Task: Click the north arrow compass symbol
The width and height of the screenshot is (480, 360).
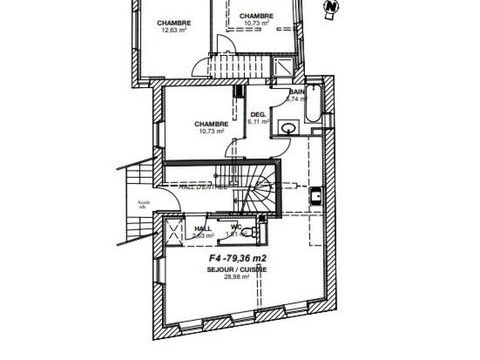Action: [x=331, y=9]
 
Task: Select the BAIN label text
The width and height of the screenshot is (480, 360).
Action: [x=296, y=92]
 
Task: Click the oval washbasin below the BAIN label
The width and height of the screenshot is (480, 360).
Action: [x=289, y=127]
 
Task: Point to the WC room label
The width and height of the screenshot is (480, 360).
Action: [x=236, y=227]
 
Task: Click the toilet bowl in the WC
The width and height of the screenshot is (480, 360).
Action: [x=258, y=228]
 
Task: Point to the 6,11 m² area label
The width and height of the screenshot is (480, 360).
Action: [x=258, y=122]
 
